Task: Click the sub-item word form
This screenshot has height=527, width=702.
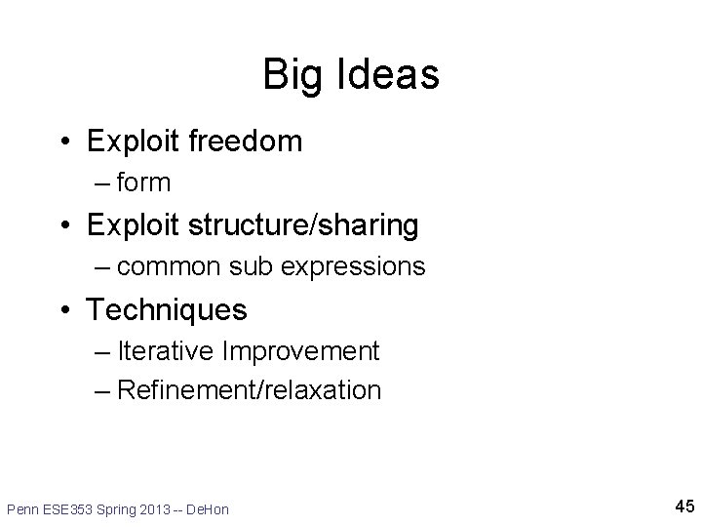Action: pyautogui.click(x=142, y=182)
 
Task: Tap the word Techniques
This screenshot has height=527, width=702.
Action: pyautogui.click(x=167, y=310)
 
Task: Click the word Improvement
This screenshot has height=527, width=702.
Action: pyautogui.click(x=301, y=350)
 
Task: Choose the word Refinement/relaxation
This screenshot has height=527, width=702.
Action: pyautogui.click(x=248, y=390)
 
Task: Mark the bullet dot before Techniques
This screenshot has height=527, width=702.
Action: pyautogui.click(x=63, y=311)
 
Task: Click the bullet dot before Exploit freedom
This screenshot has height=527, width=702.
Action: pyautogui.click(x=63, y=142)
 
